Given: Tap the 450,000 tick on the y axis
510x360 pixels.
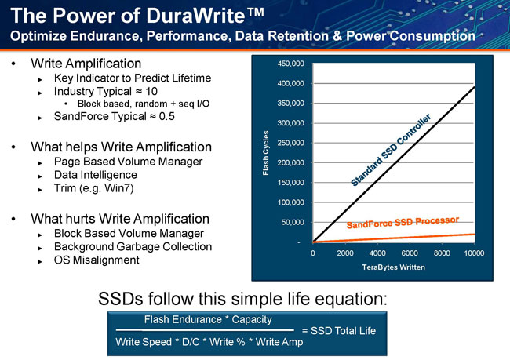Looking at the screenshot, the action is coord(291,64).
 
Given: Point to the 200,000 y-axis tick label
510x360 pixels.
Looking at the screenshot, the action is coord(291,162).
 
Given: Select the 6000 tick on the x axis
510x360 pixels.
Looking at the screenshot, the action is coord(410,253).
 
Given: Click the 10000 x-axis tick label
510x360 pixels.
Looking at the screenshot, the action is coord(474,253).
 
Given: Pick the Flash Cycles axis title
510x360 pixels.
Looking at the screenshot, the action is coord(266,153).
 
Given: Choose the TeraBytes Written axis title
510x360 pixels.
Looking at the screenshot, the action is coord(394,267).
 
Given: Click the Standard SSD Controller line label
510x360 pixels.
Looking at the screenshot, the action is coord(391,150).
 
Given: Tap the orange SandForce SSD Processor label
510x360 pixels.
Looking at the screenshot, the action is coord(403,223).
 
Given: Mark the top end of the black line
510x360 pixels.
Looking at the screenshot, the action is coord(475,87).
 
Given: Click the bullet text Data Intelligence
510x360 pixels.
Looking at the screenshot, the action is coord(96,175).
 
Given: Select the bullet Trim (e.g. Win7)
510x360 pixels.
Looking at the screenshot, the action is coord(93,188).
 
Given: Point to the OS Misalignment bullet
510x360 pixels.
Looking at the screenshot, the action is coord(97,260).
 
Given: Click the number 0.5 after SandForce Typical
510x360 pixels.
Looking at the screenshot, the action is coord(167,116).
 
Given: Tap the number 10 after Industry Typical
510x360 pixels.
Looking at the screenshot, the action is coord(151,92).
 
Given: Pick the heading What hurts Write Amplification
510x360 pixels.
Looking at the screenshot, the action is coord(120,219).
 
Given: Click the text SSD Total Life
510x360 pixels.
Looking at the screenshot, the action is coord(343,331).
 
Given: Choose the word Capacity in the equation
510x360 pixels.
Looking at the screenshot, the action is coord(252,320).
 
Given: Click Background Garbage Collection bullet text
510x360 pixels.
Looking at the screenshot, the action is coord(133,247).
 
